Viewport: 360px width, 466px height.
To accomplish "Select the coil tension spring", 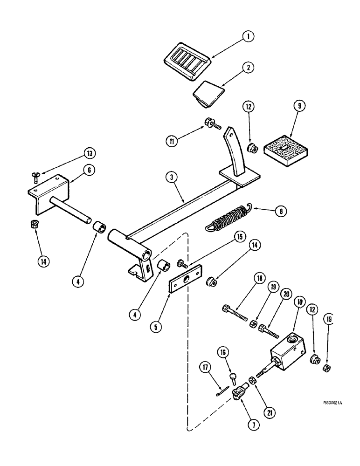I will pos(227,220).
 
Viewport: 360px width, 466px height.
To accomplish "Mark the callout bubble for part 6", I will pos(88,171).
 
